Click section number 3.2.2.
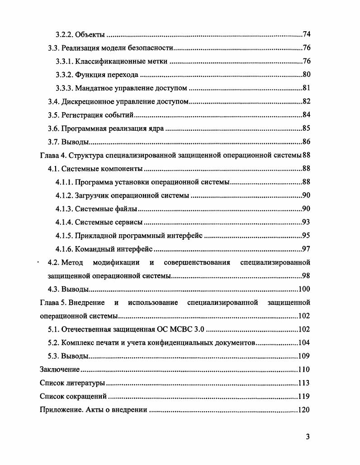[x=64, y=35]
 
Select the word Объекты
[x=90, y=35]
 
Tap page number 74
[x=306, y=35]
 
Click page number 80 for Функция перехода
[x=306, y=75]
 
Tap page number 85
[x=306, y=129]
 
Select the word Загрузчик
[x=93, y=196]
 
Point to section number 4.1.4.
[x=64, y=223]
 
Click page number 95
[x=306, y=236]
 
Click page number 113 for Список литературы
[x=304, y=383]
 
